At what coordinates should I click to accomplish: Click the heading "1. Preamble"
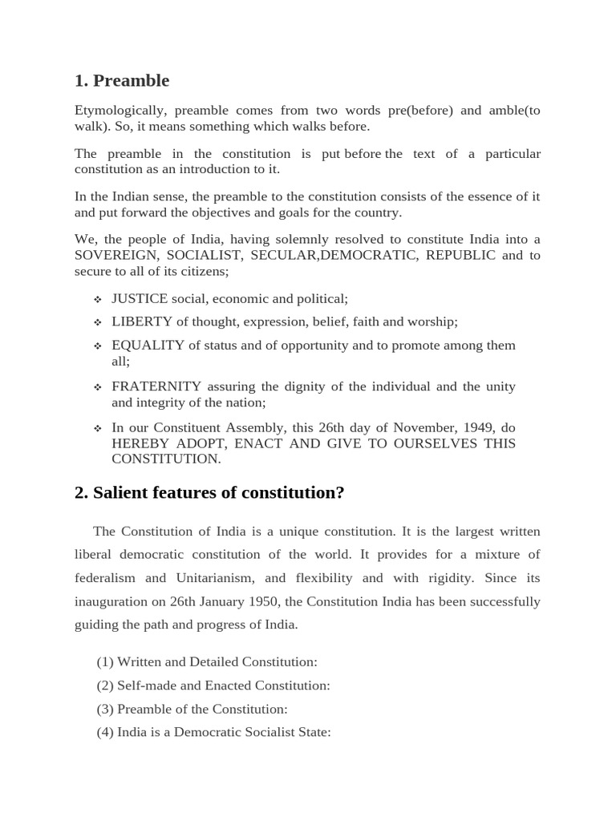pyautogui.click(x=122, y=80)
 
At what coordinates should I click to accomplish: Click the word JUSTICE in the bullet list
pyautogui.click(x=140, y=298)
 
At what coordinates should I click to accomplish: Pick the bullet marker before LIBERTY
pyautogui.click(x=97, y=322)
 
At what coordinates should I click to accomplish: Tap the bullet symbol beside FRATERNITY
pyautogui.click(x=97, y=387)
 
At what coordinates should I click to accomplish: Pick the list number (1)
pyautogui.click(x=105, y=662)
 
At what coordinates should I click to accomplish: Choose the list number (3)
pyautogui.click(x=105, y=709)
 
